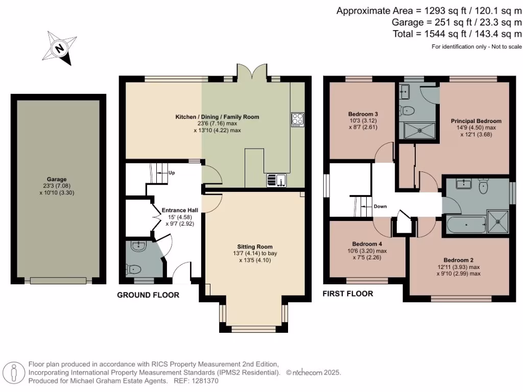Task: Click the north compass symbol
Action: coord(60,48)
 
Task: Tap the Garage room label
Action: coord(57,180)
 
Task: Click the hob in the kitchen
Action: coord(297,119)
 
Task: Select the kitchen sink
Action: coord(277,180)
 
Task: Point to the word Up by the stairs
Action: coord(172,173)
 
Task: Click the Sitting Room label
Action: coord(254,246)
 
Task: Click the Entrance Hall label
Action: coord(178,210)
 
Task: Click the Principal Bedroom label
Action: coord(476,121)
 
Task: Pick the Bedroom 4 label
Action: coord(366,243)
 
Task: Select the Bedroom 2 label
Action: coord(458,260)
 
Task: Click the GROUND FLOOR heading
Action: coord(148,295)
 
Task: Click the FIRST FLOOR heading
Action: coord(347,293)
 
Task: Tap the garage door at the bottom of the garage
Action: coord(58,280)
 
